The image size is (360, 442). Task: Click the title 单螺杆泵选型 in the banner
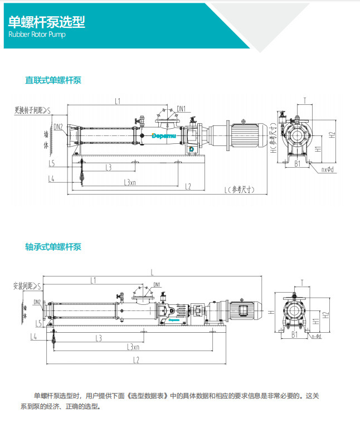(47, 21)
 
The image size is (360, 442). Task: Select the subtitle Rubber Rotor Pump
(37, 35)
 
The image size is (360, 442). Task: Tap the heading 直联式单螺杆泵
(53, 80)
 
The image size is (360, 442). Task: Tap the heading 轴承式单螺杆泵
(53, 246)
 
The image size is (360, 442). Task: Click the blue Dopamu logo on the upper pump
(165, 135)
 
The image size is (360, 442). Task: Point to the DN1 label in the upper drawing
(181, 109)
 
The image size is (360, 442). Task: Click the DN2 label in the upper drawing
(58, 127)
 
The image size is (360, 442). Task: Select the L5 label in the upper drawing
(51, 164)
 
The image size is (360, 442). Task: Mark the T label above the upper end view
(305, 101)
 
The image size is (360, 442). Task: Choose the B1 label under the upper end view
(297, 164)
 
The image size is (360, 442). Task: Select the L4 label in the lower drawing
(33, 337)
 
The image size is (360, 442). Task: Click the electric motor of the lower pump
(241, 310)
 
